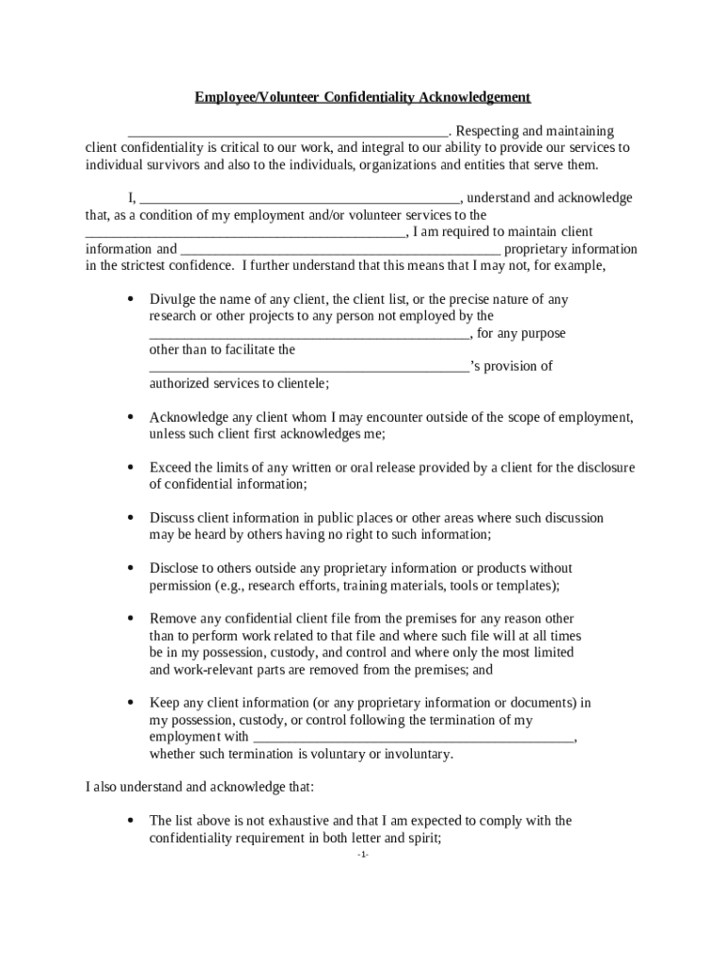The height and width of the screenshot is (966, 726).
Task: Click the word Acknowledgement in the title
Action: click(x=475, y=97)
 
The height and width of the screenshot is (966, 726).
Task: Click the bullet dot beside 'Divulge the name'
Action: click(x=129, y=299)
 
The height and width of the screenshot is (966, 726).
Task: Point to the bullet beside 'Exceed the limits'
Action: click(x=129, y=467)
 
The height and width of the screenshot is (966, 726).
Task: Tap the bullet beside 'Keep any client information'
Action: click(x=129, y=703)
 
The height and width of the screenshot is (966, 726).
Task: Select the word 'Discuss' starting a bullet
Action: click(x=172, y=518)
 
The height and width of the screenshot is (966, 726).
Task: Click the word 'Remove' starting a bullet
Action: click(x=173, y=619)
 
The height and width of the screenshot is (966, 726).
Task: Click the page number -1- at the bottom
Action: click(x=363, y=855)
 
